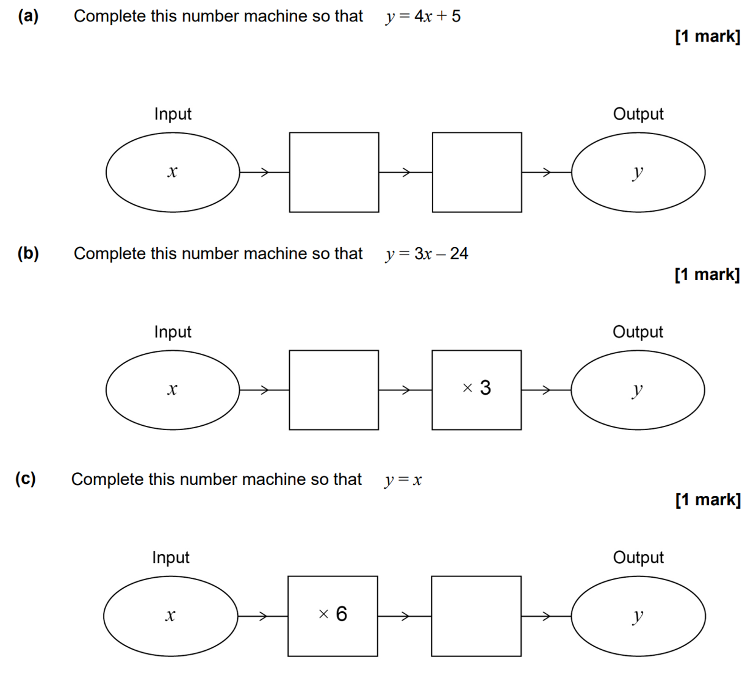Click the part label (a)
[28, 16]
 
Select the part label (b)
[28, 253]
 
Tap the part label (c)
[26, 479]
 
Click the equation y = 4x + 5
[423, 16]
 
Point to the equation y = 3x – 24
[427, 254]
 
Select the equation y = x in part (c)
[403, 480]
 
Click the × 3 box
[477, 390]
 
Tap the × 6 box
[333, 616]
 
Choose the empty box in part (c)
[476, 616]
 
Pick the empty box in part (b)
[334, 390]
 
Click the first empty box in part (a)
[334, 172]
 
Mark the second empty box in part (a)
[477, 172]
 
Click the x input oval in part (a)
[173, 172]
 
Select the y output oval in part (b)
[638, 390]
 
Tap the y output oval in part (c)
[638, 616]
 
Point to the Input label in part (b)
[173, 332]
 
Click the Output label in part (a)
[638, 114]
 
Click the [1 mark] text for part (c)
[708, 500]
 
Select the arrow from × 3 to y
[545, 390]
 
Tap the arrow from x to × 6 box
[262, 616]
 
